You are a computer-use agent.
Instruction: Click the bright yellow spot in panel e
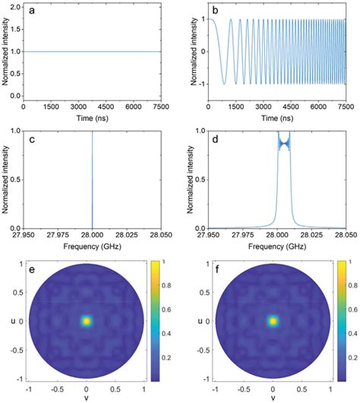87,321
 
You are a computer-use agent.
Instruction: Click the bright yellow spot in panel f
273,321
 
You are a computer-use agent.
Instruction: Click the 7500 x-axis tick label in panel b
346,109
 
